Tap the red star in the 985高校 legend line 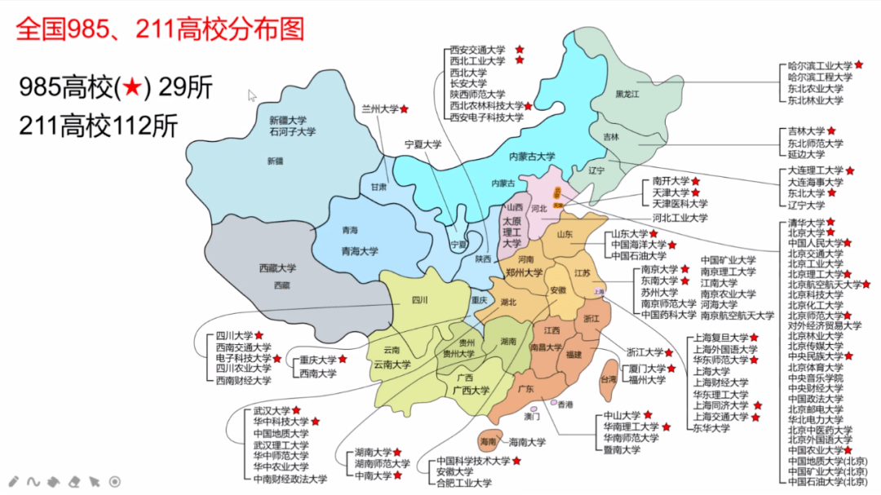click(131, 87)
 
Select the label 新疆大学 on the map click(292, 119)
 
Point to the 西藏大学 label click(277, 267)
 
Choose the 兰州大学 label click(379, 108)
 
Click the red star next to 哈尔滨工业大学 click(858, 64)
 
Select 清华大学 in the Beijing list click(806, 222)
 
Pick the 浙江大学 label click(644, 352)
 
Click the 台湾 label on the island click(609, 379)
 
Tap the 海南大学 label click(527, 443)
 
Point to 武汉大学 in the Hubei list click(272, 410)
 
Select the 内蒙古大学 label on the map click(532, 157)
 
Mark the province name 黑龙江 click(627, 95)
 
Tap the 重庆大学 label click(317, 360)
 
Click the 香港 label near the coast click(564, 404)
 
